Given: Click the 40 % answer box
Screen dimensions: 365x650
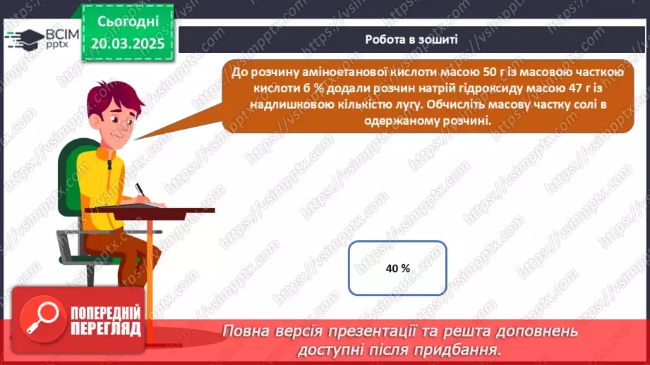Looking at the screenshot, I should click(398, 268).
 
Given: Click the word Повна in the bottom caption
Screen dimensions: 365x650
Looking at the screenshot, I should click(244, 331).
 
